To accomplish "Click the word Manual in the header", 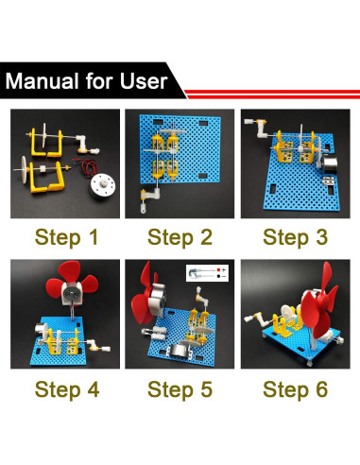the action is (43, 81).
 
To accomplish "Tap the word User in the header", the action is (144, 81).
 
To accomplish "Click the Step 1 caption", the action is (66, 237).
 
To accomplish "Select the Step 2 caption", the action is (180, 237).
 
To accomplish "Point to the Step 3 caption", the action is (296, 237).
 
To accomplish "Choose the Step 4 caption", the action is (67, 389).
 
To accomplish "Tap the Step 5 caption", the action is (180, 389).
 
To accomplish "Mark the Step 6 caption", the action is (296, 389).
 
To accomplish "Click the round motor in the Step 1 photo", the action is (102, 186).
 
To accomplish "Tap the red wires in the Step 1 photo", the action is (85, 166).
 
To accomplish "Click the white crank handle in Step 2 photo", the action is (148, 199).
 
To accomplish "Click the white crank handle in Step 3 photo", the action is (257, 129).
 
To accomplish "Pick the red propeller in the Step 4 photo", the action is (72, 280).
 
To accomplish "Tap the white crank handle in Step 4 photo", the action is (97, 346).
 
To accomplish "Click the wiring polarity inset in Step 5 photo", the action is (207, 273).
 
